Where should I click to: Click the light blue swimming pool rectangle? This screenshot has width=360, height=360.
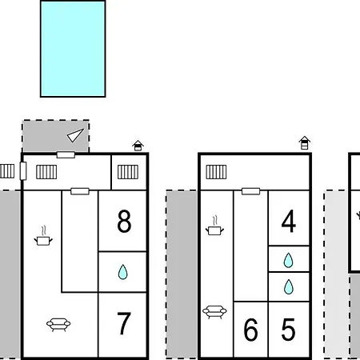[x=73, y=49]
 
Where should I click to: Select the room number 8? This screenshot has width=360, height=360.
[x=124, y=221]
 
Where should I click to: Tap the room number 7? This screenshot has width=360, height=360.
[x=124, y=323]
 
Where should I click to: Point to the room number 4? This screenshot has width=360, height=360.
[x=289, y=221]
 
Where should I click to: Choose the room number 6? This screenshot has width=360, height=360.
[x=250, y=330]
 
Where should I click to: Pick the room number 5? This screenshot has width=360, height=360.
[x=288, y=330]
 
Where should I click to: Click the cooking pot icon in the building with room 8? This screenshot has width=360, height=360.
[x=43, y=236]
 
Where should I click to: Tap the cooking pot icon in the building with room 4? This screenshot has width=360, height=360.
[x=214, y=226]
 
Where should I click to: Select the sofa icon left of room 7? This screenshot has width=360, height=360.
[x=58, y=325]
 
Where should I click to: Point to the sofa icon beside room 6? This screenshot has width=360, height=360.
[x=214, y=312]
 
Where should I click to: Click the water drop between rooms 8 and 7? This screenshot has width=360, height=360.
[x=123, y=272]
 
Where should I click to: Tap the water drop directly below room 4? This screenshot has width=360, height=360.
[x=288, y=260]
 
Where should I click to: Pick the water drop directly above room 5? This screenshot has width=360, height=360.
[x=289, y=286]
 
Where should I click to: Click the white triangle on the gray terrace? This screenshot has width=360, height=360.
[x=75, y=135]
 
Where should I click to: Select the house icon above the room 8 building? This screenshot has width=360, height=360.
[x=138, y=146]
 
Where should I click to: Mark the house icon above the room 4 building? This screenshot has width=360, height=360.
[x=305, y=142]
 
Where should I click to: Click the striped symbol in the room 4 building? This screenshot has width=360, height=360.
[x=216, y=172]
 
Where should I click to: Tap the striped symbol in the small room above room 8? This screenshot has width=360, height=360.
[x=128, y=172]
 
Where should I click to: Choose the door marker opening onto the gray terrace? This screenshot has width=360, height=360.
[x=66, y=154]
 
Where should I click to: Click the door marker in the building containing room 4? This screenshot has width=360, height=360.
[x=250, y=191]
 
